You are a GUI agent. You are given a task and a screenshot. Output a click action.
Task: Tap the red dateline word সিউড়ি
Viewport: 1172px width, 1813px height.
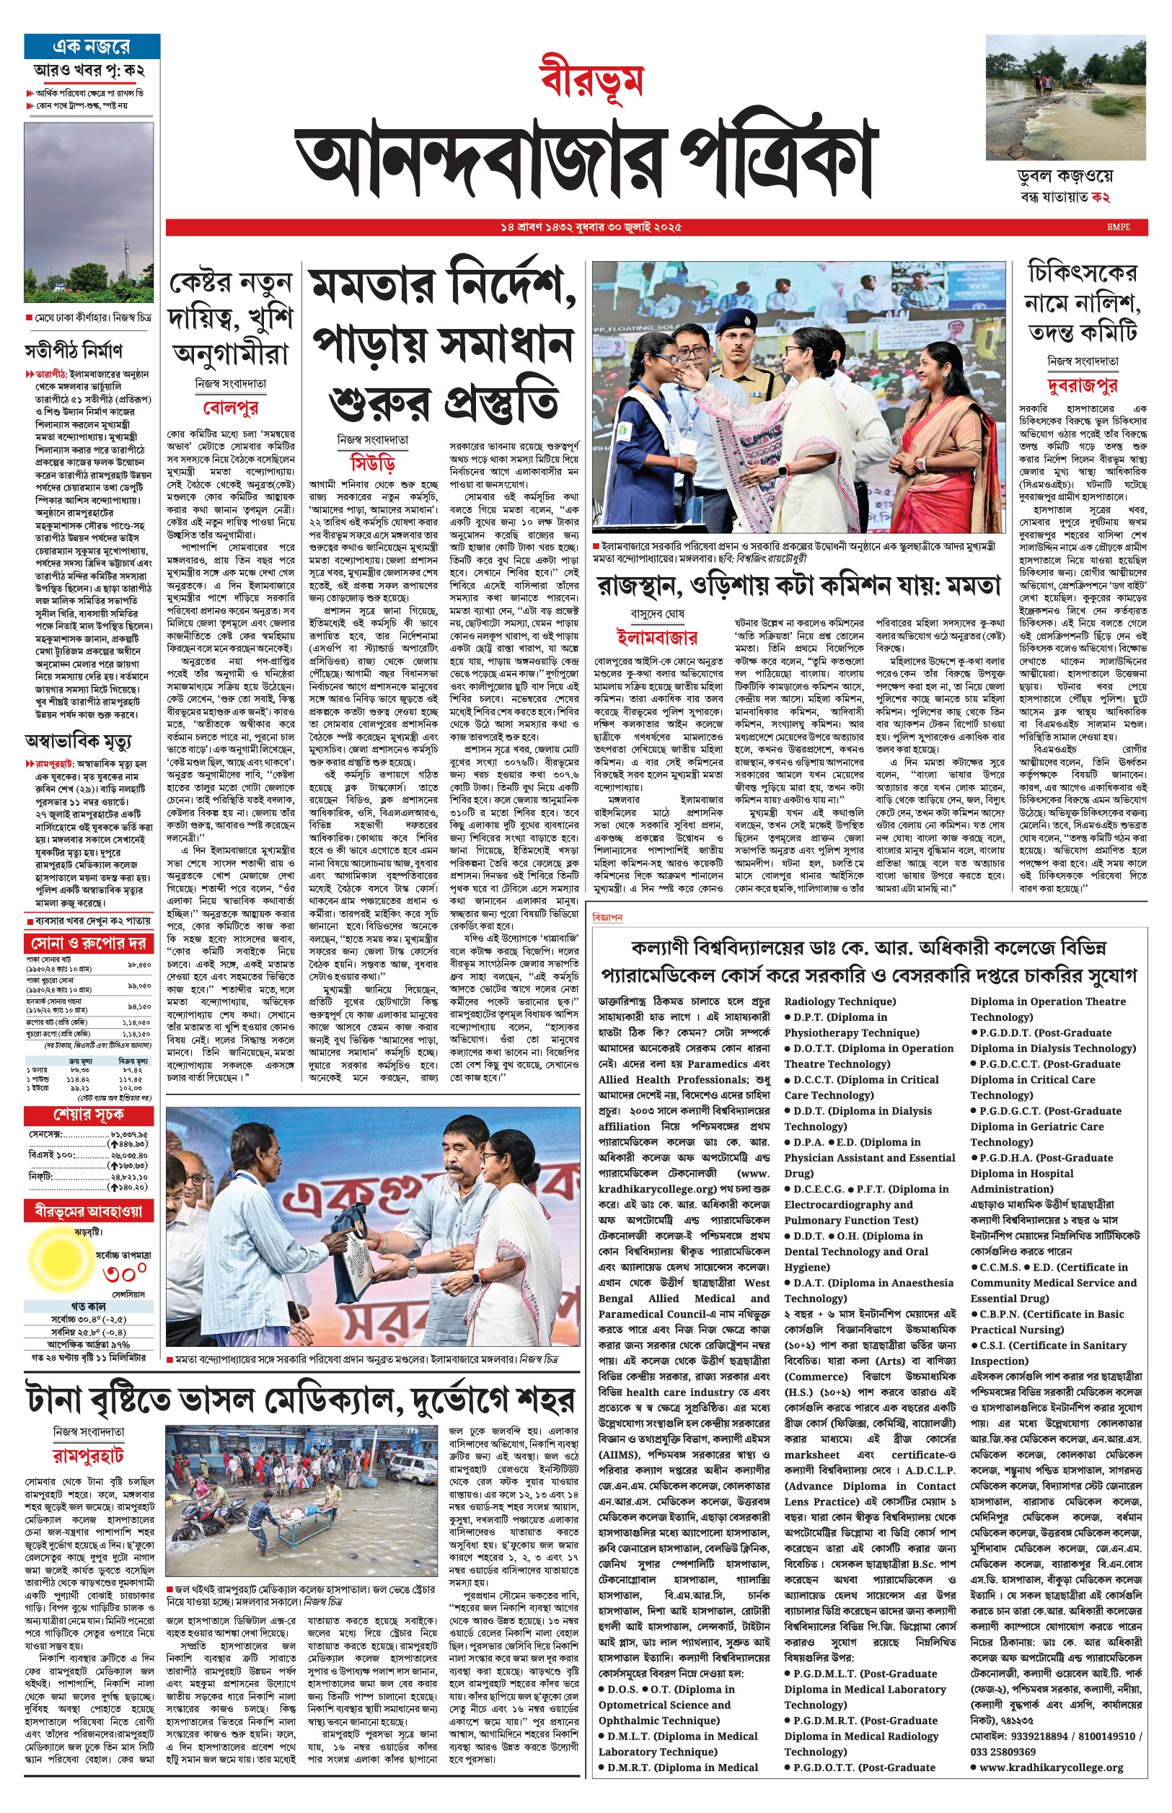click(373, 463)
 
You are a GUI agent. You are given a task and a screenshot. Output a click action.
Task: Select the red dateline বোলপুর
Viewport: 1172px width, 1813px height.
click(231, 407)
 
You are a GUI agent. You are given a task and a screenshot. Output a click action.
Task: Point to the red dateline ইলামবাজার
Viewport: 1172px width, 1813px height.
click(656, 636)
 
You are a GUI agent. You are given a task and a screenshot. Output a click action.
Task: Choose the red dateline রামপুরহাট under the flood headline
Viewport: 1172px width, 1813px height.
click(88, 1454)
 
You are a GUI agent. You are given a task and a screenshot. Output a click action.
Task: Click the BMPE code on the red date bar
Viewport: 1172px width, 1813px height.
click(1119, 227)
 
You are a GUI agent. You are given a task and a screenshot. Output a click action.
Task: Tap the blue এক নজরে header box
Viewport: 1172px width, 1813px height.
click(92, 46)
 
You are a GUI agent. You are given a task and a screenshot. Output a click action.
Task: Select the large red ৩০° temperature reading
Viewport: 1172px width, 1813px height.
click(125, 1273)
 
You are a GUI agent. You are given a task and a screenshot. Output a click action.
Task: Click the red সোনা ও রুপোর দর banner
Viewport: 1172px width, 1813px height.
click(89, 944)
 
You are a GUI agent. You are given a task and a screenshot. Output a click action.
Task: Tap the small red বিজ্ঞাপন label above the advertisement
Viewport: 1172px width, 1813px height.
click(607, 918)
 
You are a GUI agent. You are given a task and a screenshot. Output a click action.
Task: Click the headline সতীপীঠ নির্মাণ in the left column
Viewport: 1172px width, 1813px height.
click(73, 351)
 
